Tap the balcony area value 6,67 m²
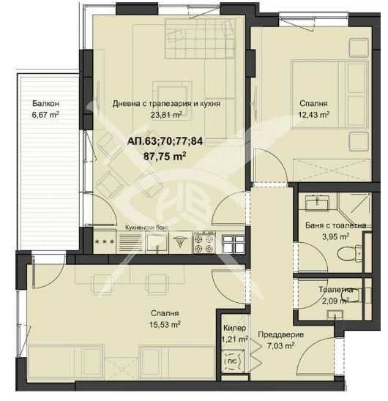coord(45,114)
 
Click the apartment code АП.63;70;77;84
coord(166,141)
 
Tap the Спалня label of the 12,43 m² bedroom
coord(313,104)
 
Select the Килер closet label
coord(234,329)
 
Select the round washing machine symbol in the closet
coord(231,361)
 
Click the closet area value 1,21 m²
coord(234,340)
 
